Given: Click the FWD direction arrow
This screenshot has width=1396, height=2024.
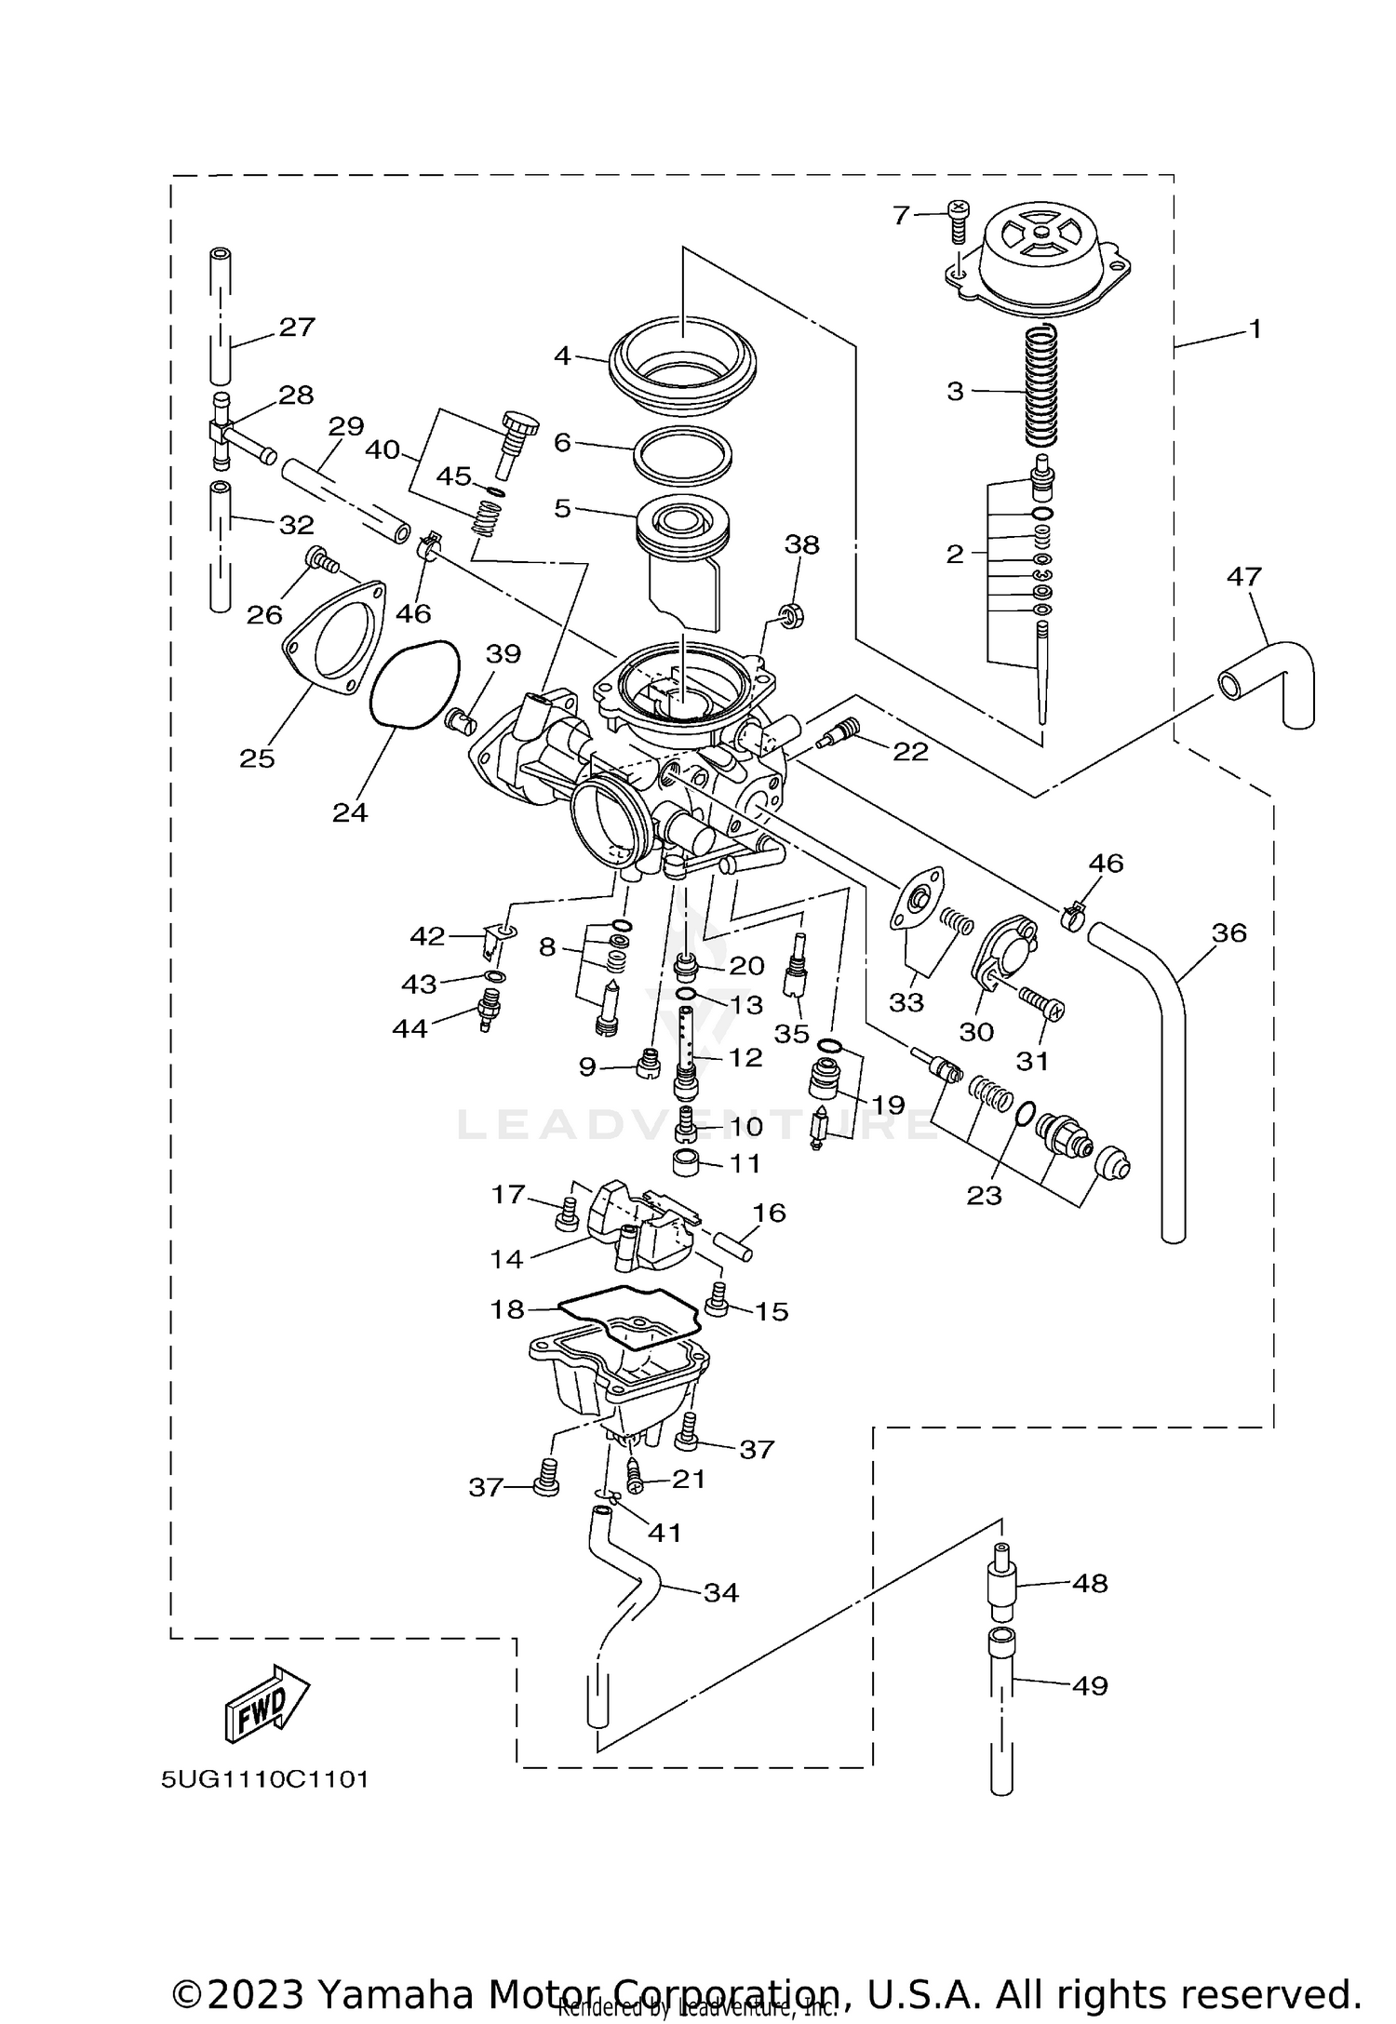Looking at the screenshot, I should pyautogui.click(x=266, y=1702).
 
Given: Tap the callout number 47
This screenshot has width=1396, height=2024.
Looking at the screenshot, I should pyautogui.click(x=1243, y=577).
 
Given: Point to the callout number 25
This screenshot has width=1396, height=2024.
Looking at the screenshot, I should pyautogui.click(x=257, y=758).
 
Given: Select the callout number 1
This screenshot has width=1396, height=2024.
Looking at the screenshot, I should pyautogui.click(x=1255, y=328).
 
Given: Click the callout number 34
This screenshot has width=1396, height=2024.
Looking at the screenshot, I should pyautogui.click(x=720, y=1592).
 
